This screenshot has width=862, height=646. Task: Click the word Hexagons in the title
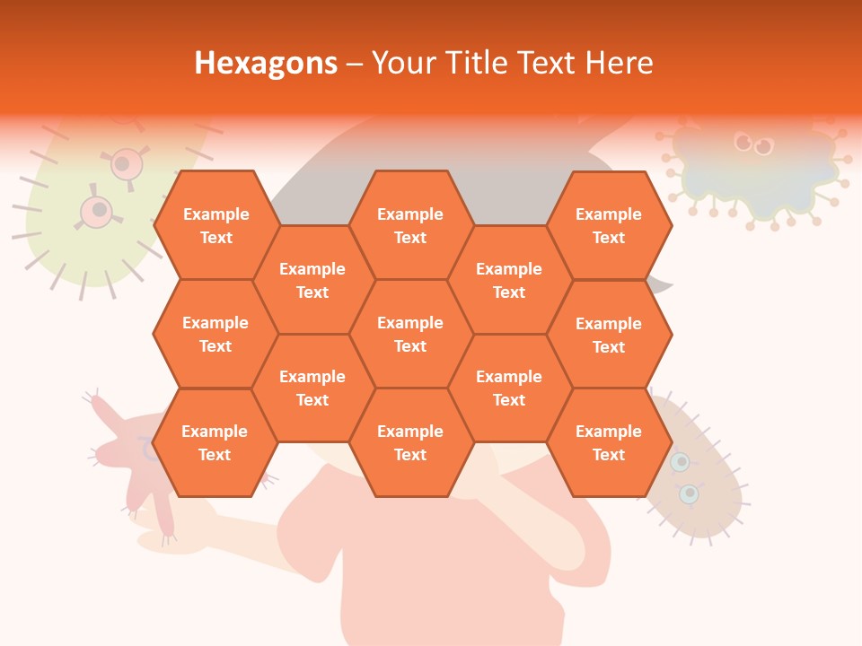click(266, 63)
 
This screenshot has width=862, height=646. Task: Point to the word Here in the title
click(619, 63)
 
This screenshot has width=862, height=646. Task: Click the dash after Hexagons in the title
click(355, 63)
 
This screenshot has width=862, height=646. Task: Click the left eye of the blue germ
click(743, 142)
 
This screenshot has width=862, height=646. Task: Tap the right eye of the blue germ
click(763, 146)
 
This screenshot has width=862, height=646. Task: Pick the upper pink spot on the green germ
click(128, 164)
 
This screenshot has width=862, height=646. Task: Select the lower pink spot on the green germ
click(97, 211)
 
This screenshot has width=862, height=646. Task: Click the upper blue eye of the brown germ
click(681, 462)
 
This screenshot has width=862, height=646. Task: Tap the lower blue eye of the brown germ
click(689, 493)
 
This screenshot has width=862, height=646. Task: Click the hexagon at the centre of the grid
click(410, 334)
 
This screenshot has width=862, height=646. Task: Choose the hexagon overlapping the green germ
click(215, 225)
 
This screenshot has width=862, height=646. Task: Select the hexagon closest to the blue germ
click(609, 225)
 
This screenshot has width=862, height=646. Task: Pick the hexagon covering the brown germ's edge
click(609, 442)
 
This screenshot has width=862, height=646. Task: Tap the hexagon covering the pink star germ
click(215, 442)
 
